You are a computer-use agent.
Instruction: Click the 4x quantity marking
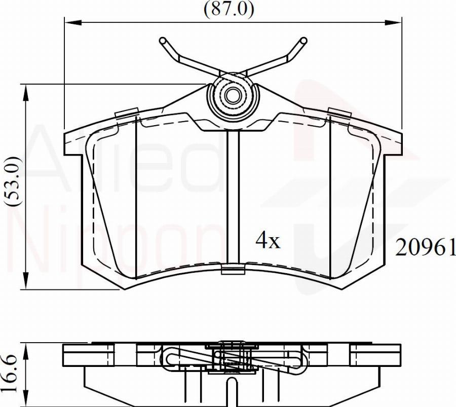coord(267,241)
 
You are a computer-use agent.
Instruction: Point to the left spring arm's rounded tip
coord(163,41)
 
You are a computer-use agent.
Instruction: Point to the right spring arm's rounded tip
coord(303,41)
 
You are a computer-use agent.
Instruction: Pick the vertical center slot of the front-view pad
coord(233,198)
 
